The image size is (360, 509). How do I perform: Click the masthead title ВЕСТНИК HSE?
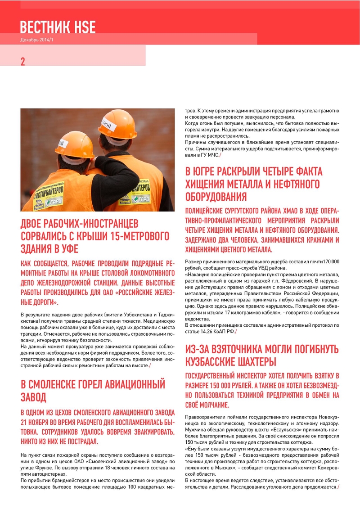click(x=58, y=27)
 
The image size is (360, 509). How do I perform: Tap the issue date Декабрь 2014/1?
click(x=37, y=40)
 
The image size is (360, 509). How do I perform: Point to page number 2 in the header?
click(x=23, y=62)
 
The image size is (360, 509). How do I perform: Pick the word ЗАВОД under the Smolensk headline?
click(x=34, y=397)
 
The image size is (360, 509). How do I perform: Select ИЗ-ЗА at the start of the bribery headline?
click(x=198, y=349)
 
